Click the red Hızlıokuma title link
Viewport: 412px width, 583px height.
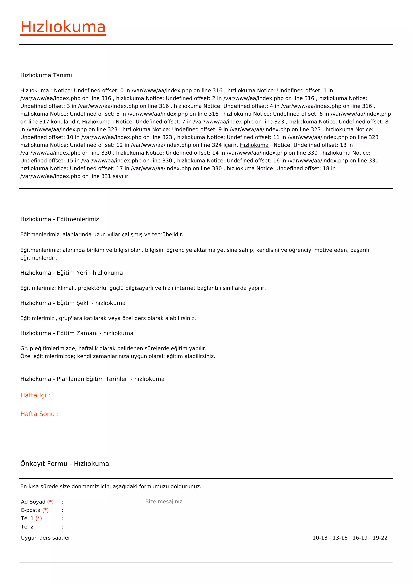point(63,27)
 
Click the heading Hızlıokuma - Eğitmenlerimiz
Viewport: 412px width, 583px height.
point(59,219)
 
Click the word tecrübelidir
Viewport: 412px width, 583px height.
point(167,235)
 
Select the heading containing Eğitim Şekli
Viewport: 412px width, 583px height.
point(73,303)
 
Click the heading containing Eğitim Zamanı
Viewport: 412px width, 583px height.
point(77,333)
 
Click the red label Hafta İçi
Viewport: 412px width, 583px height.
point(35,395)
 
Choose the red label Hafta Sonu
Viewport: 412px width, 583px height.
point(39,414)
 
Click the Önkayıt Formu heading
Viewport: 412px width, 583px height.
point(64,464)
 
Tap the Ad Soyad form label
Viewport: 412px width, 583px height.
point(33,502)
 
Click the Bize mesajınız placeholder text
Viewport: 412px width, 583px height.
point(164,501)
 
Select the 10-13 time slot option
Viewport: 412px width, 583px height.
point(320,538)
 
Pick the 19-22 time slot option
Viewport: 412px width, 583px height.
point(380,538)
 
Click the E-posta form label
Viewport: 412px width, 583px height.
point(31,510)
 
